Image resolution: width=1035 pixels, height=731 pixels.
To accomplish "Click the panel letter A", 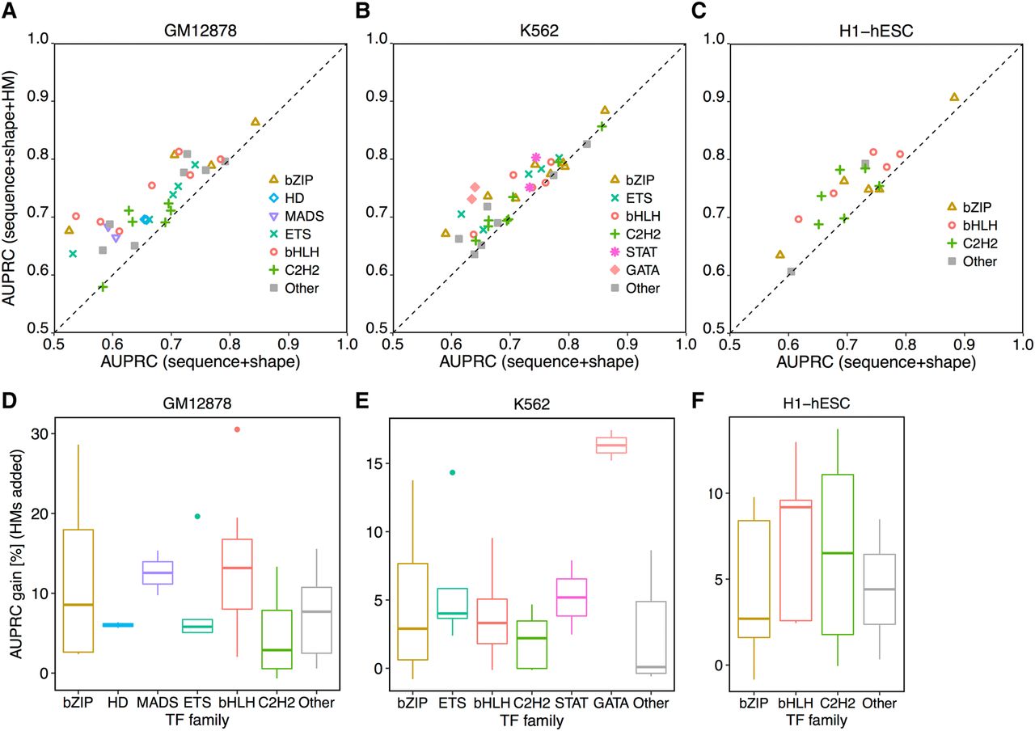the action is (9, 11).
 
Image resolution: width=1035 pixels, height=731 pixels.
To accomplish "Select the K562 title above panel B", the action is (539, 31).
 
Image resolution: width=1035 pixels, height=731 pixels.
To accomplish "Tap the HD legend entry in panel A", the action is (287, 198).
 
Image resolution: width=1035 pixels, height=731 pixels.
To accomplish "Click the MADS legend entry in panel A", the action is (297, 216).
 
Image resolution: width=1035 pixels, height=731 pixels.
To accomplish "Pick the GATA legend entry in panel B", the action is (635, 270).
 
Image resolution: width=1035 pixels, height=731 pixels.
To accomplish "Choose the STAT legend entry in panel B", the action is (633, 252).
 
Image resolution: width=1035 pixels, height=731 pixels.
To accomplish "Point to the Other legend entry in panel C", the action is (972, 261).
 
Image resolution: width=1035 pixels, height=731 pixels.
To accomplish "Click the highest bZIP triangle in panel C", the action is (954, 97).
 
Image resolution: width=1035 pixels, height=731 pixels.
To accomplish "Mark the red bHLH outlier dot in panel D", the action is (237, 429).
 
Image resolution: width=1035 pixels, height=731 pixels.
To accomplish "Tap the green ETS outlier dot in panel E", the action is (452, 472).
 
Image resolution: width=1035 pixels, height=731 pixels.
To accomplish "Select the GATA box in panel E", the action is (611, 445).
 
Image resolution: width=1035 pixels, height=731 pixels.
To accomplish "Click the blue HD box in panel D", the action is (118, 625).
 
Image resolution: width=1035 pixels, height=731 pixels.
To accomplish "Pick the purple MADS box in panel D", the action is (158, 573).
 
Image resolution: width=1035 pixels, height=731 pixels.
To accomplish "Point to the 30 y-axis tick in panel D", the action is (40, 434).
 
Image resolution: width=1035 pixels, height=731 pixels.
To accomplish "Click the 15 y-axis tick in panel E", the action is (374, 463).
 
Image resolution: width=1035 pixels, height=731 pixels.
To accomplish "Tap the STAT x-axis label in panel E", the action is (571, 703).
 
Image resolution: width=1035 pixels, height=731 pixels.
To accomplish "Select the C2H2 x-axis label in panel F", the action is (837, 703).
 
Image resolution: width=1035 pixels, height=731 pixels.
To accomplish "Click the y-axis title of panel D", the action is (16, 555).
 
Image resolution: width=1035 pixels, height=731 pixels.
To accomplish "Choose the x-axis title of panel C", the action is (876, 361).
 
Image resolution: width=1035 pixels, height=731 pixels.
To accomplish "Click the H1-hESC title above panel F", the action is (817, 404).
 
